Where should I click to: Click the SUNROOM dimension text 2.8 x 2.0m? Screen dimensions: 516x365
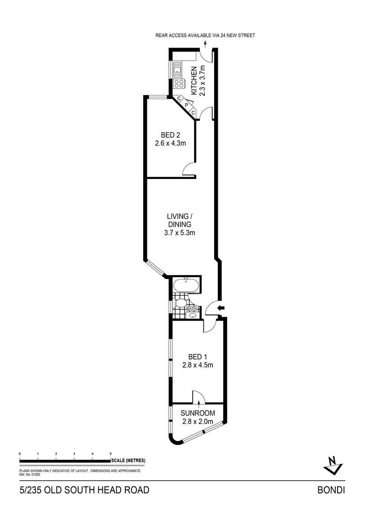coord(198,421)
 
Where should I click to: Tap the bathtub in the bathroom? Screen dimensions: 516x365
coord(185,286)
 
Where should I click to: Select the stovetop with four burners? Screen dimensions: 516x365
coord(179,83)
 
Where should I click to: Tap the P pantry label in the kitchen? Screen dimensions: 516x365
coord(186,105)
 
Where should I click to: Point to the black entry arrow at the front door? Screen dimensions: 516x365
coord(220,308)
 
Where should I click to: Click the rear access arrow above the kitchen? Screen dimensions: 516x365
coord(205,44)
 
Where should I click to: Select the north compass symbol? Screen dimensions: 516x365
coord(333,465)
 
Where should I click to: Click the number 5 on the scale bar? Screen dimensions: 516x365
coord(110,454)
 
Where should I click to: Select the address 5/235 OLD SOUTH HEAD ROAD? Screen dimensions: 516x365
coord(84,490)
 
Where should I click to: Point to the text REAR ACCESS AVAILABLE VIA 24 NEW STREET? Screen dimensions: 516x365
coord(205,35)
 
